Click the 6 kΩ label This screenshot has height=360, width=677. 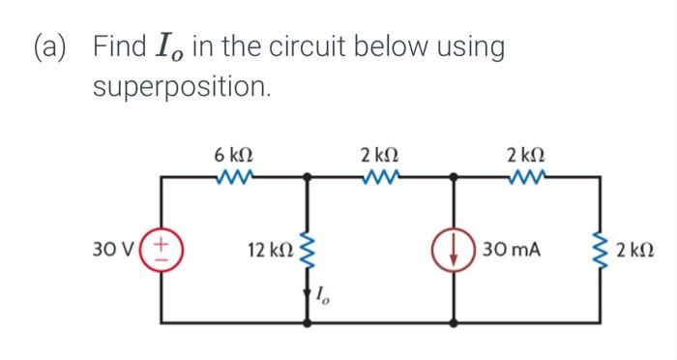234,155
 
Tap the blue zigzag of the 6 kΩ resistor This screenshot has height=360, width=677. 234,177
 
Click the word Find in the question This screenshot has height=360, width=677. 121,46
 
